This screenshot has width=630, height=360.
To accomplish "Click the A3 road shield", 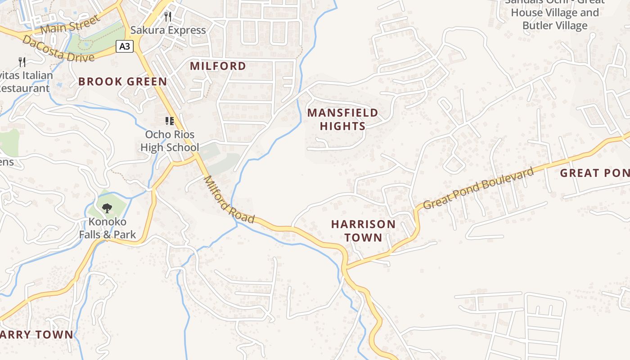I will click(x=125, y=46).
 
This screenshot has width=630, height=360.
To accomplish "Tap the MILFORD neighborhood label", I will click(x=218, y=66).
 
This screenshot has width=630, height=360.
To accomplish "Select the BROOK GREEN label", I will click(x=122, y=81).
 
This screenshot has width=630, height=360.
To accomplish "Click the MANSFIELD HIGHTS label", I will click(x=343, y=119).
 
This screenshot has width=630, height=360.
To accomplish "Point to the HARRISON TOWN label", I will click(x=363, y=230).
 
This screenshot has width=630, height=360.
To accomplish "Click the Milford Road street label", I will click(x=229, y=200).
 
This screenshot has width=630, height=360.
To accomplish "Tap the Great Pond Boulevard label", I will click(x=479, y=188).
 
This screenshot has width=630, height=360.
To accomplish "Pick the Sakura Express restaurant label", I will click(x=168, y=30).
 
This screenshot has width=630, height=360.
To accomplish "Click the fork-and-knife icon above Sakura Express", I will click(x=168, y=17).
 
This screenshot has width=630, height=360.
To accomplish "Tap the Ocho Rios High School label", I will click(x=170, y=141).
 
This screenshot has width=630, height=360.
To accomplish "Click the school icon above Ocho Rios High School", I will click(x=170, y=121).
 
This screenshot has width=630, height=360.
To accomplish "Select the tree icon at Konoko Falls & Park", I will click(x=107, y=208).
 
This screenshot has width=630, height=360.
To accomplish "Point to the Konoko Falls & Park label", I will click(x=107, y=228).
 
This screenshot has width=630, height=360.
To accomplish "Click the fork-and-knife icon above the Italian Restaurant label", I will click(x=22, y=62).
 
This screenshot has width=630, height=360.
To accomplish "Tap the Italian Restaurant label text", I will click(x=25, y=82).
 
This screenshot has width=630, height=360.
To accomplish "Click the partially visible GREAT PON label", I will click(x=594, y=173).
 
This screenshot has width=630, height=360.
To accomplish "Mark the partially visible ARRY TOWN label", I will click(x=36, y=334).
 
